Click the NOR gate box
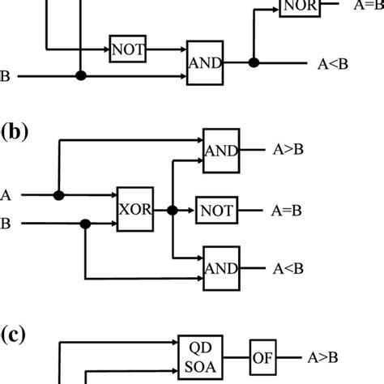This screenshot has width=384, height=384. pos(298,7)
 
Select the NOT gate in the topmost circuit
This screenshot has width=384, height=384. pos(128,49)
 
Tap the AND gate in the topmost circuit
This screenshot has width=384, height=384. pos(205,61)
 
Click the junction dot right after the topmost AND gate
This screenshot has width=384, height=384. pos(254,62)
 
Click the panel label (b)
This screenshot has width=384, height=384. pos(14,132)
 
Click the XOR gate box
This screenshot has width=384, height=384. pos(135,210)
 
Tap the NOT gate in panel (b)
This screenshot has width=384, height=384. pos(216,211)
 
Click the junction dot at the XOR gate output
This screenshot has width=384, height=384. pos(172,210)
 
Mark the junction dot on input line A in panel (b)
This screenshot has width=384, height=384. pos(58,195)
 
